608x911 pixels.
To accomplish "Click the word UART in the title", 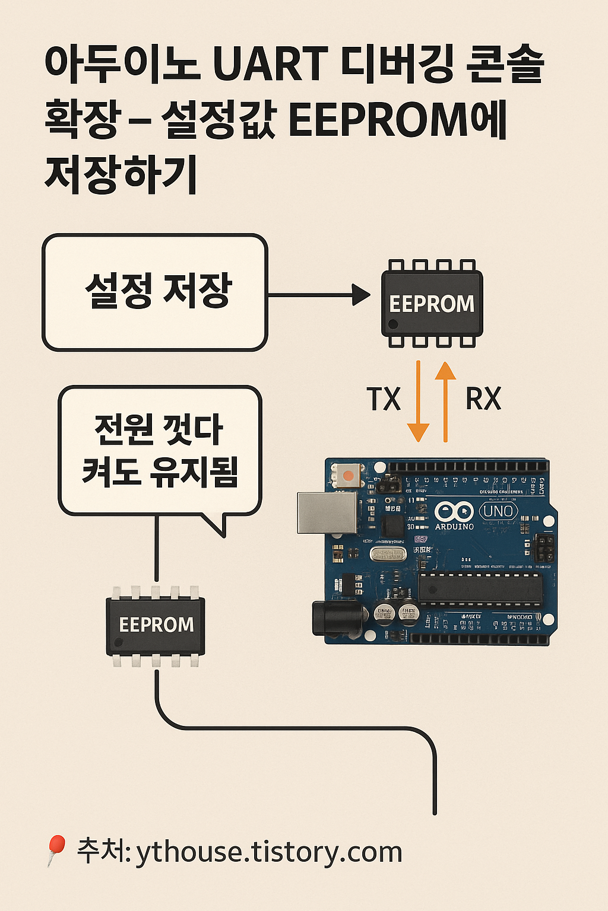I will [270, 64].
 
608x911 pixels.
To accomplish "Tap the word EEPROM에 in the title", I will [397, 120].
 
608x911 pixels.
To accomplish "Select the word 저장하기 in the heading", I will [121, 176].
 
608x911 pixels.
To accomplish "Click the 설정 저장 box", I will [155, 292].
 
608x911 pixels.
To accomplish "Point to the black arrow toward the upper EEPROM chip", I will [321, 294].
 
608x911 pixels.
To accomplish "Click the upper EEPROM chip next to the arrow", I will [432, 303].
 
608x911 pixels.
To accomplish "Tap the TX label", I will [384, 399].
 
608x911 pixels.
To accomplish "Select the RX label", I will [483, 399].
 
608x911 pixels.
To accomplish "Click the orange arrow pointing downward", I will [419, 403].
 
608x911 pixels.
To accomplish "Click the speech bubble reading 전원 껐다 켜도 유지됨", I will [160, 451].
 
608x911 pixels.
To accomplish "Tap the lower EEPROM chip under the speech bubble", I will [156, 625].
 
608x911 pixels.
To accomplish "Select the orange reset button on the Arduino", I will [348, 474].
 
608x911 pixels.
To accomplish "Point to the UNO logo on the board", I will [498, 511].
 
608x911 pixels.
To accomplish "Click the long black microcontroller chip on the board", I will [480, 588].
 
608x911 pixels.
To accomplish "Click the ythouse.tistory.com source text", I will [269, 853].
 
